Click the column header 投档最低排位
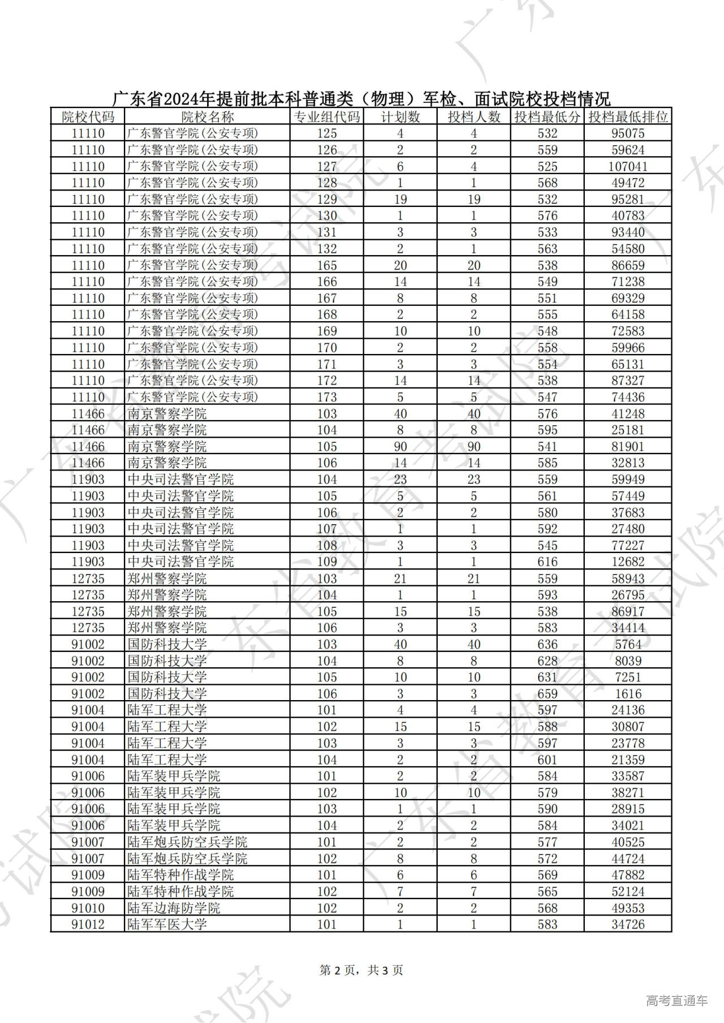[x=628, y=117]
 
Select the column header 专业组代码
[x=326, y=117]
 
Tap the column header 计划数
[x=400, y=117]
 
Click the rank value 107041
[x=628, y=166]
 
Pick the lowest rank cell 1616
[x=628, y=694]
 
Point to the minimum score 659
[x=547, y=694]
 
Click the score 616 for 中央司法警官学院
[x=547, y=562]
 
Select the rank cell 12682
[x=628, y=562]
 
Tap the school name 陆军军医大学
[x=167, y=925]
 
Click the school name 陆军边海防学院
[x=174, y=908]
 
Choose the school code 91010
[x=88, y=908]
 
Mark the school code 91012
[x=88, y=925]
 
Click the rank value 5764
[x=628, y=645]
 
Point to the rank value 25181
[x=628, y=430]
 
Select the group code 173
[x=326, y=398]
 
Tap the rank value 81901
[x=628, y=447]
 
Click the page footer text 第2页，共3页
[x=361, y=970]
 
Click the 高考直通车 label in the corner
[x=676, y=1000]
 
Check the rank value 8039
[x=628, y=661]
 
